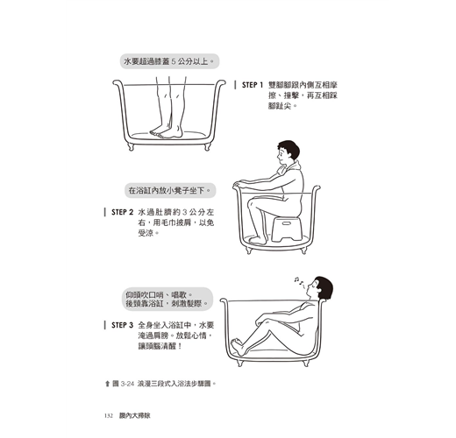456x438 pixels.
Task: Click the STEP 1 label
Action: tap(253, 85)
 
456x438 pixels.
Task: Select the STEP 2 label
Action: tap(122, 212)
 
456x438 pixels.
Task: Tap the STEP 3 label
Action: tap(122, 325)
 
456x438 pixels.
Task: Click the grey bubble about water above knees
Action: tap(169, 61)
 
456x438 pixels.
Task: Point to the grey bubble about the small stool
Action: tap(170, 190)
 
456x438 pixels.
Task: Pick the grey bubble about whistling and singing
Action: tap(167, 299)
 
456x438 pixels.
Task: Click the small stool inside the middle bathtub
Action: tap(286, 229)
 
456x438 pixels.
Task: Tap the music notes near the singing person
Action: tap(299, 281)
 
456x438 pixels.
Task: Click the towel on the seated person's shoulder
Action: tap(289, 167)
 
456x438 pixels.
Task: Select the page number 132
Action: tap(109, 415)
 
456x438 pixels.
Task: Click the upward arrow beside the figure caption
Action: tap(107, 384)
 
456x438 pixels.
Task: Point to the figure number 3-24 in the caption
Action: tap(127, 384)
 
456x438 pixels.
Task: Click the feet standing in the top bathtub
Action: tap(166, 132)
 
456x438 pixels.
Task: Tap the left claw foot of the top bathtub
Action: tap(131, 146)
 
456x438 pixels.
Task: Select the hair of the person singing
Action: tap(324, 287)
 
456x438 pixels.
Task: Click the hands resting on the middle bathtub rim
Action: tap(241, 183)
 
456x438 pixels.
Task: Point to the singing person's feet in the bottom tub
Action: tap(238, 346)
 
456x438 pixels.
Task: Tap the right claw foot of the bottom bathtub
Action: tap(306, 363)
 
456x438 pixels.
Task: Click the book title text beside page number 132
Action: tap(135, 415)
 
